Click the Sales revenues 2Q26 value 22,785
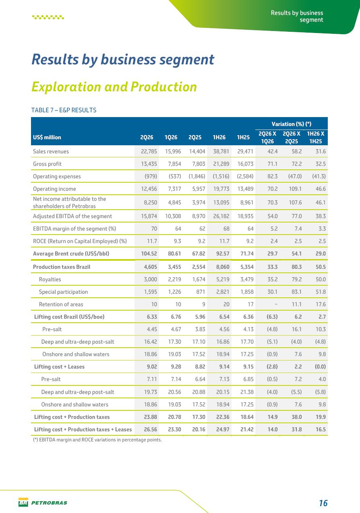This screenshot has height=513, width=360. [x=149, y=151]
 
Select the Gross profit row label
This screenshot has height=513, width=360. [x=47, y=164]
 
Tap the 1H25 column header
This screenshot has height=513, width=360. [x=243, y=137]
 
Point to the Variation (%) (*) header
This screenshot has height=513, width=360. [x=291, y=124]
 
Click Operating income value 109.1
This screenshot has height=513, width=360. [x=296, y=189]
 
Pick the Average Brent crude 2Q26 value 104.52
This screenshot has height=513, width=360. [x=149, y=254]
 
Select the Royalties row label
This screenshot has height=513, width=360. [x=50, y=279]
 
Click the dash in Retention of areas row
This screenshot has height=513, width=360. [x=276, y=304]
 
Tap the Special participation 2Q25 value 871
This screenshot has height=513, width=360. [x=201, y=292]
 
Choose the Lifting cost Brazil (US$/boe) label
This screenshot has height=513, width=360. [x=69, y=317]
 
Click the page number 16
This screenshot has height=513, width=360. [x=323, y=503]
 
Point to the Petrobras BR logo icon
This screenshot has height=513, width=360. [x=23, y=502]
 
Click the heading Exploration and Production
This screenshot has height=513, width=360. [x=114, y=87]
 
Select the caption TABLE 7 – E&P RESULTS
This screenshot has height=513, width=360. [x=64, y=110]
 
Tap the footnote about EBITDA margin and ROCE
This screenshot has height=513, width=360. [x=97, y=440]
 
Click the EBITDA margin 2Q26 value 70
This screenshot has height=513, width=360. [x=154, y=229]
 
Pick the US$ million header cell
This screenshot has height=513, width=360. [x=47, y=138]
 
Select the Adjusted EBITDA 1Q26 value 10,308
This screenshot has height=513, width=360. [x=173, y=216]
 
